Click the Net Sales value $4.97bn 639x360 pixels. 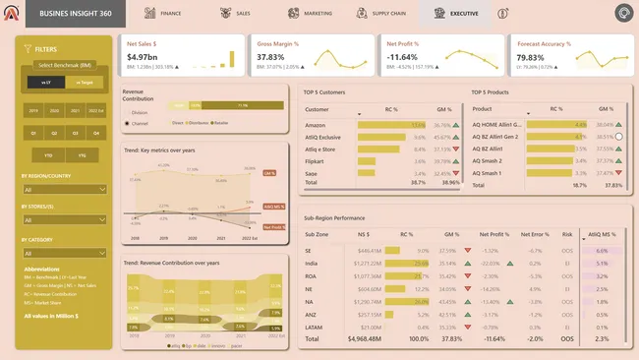coord(143,58)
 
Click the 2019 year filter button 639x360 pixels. coord(34,111)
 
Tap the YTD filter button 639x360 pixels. coord(48,155)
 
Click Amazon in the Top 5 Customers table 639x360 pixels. coord(318,126)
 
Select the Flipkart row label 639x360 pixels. coord(317,160)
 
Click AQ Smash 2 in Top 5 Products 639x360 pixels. coord(489,160)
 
